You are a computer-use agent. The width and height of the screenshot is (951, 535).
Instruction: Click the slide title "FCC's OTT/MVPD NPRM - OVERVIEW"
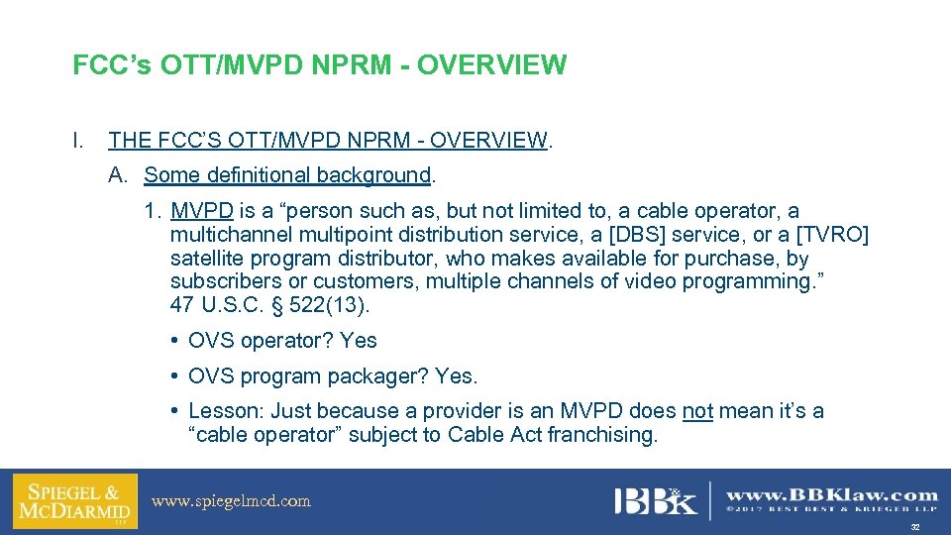pos(319,66)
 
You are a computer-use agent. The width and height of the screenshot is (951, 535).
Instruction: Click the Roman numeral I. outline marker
pos(78,141)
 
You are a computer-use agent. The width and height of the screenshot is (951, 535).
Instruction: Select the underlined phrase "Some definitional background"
pos(287,175)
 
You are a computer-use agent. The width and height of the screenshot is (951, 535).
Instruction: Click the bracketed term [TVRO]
pos(832,235)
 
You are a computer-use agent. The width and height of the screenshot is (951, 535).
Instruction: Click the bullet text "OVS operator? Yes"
pos(282,341)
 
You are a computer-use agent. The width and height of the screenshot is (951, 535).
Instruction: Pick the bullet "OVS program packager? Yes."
pos(332,376)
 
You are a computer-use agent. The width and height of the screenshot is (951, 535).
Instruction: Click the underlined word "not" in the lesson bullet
pos(697,411)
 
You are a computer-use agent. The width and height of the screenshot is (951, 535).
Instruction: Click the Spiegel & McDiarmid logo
pos(75,501)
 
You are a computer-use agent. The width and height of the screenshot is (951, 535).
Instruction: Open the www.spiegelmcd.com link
pos(231,501)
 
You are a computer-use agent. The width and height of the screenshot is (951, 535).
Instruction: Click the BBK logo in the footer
pos(654,500)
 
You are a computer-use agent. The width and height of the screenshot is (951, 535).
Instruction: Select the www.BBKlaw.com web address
pos(832,494)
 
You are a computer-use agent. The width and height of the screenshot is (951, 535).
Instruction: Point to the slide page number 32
pos(914,527)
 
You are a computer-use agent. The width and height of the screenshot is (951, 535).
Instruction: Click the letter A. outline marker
pos(119,175)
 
